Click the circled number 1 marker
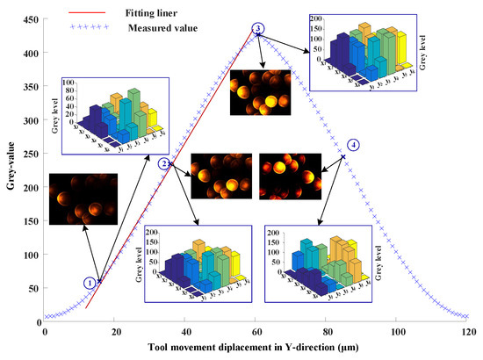pos(89,283)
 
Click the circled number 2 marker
pos(162,163)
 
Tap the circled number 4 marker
pos(353,144)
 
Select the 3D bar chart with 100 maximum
pos(110,115)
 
